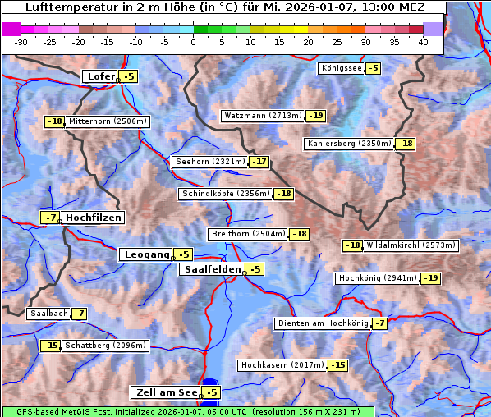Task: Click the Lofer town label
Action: pos(100,76)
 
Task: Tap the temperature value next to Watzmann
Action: pos(316,116)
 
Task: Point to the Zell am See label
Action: pos(165,393)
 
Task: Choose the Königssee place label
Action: pos(342,68)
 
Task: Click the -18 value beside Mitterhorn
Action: pos(55,121)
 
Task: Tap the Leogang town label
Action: pos(146,254)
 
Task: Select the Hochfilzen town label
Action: pos(94,218)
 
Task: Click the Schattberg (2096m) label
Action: pos(105,346)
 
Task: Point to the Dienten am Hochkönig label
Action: pos(323,323)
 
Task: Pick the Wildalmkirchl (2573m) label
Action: pos(410,245)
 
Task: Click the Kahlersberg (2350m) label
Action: pos(349,144)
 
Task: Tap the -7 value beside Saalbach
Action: pos(79,314)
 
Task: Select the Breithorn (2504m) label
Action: pos(248,234)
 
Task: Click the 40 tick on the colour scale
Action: pos(423,42)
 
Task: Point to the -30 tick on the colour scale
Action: pos(21,42)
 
